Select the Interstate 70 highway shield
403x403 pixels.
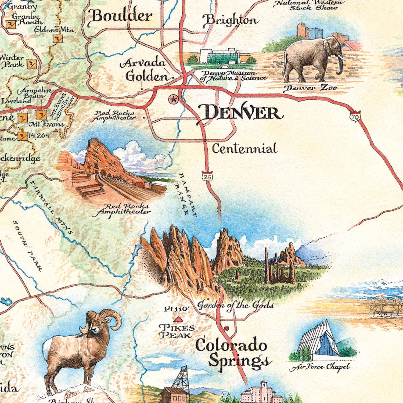click(355, 116)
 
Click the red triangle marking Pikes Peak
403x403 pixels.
click(177, 319)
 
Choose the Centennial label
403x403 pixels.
click(244, 149)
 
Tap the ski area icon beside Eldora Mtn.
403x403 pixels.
click(57, 39)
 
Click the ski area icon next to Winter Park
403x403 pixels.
click(32, 64)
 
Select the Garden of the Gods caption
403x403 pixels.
click(235, 305)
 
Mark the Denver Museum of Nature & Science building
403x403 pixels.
click(220, 57)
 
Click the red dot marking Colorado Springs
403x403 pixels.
click(226, 328)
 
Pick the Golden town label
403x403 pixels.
click(147, 77)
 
